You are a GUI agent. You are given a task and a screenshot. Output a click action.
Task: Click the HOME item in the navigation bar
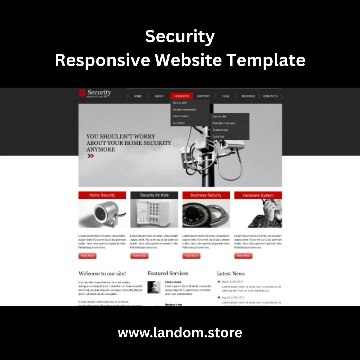tap(138, 96)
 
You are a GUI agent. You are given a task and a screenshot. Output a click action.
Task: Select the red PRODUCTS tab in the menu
tap(182, 96)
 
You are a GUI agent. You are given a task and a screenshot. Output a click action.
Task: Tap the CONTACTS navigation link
tap(270, 96)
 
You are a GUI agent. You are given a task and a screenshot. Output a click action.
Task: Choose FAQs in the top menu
tap(226, 96)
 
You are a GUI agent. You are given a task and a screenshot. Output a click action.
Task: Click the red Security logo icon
tap(82, 93)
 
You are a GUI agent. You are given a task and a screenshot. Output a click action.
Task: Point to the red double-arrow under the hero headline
tap(91, 156)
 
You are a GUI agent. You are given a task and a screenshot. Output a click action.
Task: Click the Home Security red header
tap(102, 195)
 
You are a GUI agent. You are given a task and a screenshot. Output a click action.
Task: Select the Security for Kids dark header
tap(154, 195)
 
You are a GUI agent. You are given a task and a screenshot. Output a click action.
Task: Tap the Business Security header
tap(206, 195)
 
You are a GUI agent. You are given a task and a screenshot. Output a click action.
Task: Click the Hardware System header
tap(258, 195)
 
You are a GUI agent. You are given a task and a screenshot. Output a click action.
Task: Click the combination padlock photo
tap(206, 213)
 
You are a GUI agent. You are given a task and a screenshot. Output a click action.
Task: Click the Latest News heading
tap(231, 274)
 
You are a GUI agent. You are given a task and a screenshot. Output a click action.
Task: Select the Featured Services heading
tap(168, 273)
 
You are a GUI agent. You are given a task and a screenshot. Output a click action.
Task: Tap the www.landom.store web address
tap(180, 333)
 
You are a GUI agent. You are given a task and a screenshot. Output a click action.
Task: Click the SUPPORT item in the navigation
tap(203, 96)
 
